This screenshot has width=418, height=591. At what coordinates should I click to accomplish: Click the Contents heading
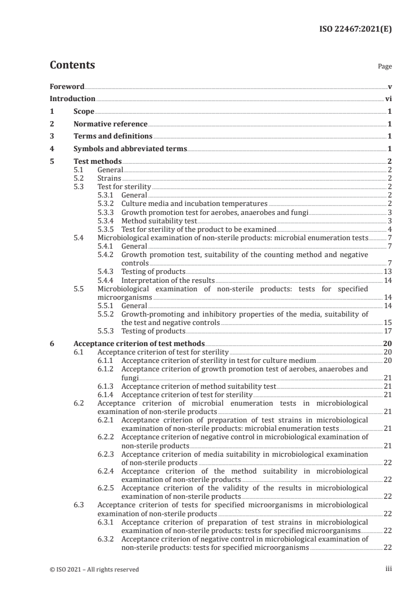pyautogui.click(x=72, y=66)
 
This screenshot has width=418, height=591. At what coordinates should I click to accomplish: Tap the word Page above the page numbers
pyautogui.click(x=385, y=67)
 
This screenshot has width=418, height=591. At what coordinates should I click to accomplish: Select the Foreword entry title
pyautogui.click(x=67, y=86)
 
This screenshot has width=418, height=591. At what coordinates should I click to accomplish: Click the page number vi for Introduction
pyautogui.click(x=388, y=98)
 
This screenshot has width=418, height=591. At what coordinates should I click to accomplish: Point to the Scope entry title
pyautogui.click(x=84, y=111)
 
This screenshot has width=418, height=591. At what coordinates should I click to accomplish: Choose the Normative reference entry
pyautogui.click(x=110, y=124)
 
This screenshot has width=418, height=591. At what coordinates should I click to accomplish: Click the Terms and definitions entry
pyautogui.click(x=113, y=136)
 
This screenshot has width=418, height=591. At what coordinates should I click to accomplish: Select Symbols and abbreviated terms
pyautogui.click(x=130, y=149)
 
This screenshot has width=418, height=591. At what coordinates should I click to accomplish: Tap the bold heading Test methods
pyautogui.click(x=98, y=161)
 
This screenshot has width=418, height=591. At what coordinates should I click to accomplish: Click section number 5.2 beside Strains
pyautogui.click(x=79, y=178)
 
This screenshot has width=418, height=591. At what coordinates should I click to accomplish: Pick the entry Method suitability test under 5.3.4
pyautogui.click(x=152, y=221)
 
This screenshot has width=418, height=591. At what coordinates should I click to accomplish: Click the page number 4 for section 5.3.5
pyautogui.click(x=389, y=229)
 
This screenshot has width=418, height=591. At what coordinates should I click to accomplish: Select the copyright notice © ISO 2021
pyautogui.click(x=94, y=569)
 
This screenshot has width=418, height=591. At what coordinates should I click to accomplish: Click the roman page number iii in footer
pyautogui.click(x=388, y=569)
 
